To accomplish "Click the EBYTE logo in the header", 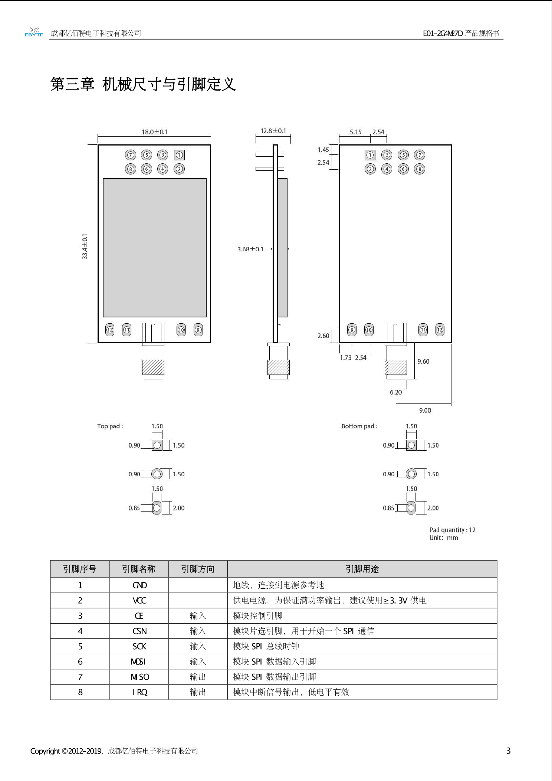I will tap(34, 33).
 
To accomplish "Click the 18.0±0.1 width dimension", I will tap(154, 132).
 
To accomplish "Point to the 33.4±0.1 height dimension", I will tap(85, 246).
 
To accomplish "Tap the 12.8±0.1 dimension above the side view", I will tap(273, 131).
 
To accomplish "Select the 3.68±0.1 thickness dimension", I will tap(250, 249).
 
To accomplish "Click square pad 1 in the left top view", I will tap(179, 155).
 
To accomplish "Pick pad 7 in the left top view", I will tap(130, 155).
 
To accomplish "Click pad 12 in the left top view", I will tap(110, 330).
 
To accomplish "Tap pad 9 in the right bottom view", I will tap(352, 330).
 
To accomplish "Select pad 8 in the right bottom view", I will tap(420, 169).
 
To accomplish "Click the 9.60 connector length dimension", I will tap(423, 362).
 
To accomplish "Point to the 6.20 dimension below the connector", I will tap(396, 392).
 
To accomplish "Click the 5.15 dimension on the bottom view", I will tap(355, 132).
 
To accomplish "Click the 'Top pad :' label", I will tap(110, 426).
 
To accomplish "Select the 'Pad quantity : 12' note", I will tap(452, 530).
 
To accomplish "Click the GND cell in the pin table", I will tap(139, 585).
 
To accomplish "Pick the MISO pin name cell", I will tap(139, 677).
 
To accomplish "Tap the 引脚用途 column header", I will tap(362, 569).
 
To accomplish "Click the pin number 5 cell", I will tap(80, 647).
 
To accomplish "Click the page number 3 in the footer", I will tap(509, 751).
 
